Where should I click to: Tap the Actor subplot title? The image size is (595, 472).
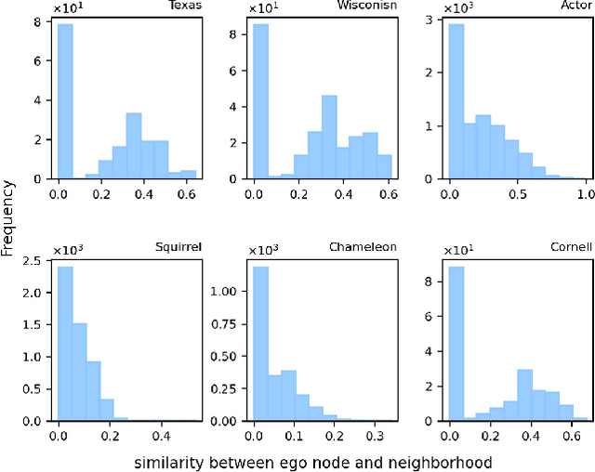[575, 6]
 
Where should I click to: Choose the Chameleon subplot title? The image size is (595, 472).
[363, 247]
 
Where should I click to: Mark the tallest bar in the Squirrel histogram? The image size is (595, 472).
[64, 344]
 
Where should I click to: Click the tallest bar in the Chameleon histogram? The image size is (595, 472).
[261, 344]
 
